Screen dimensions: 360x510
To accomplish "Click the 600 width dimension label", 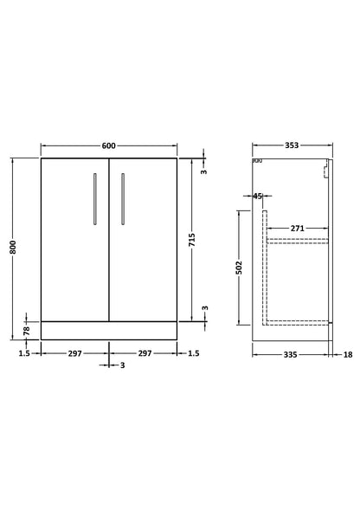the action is click(x=109, y=145).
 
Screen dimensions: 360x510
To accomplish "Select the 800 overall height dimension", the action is click(x=13, y=247).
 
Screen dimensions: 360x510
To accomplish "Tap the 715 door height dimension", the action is click(x=192, y=240).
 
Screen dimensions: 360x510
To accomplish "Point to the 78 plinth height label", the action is click(x=27, y=331).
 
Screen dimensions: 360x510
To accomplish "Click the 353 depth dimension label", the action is click(x=292, y=145).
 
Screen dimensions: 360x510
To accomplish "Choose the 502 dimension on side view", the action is click(x=239, y=268).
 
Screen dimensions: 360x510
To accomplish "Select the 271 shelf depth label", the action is click(x=297, y=229).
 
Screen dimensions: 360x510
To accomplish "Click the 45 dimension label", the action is click(x=257, y=197).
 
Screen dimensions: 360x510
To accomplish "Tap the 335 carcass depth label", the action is click(x=290, y=354).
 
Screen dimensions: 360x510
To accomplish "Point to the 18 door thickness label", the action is click(x=348, y=354).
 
